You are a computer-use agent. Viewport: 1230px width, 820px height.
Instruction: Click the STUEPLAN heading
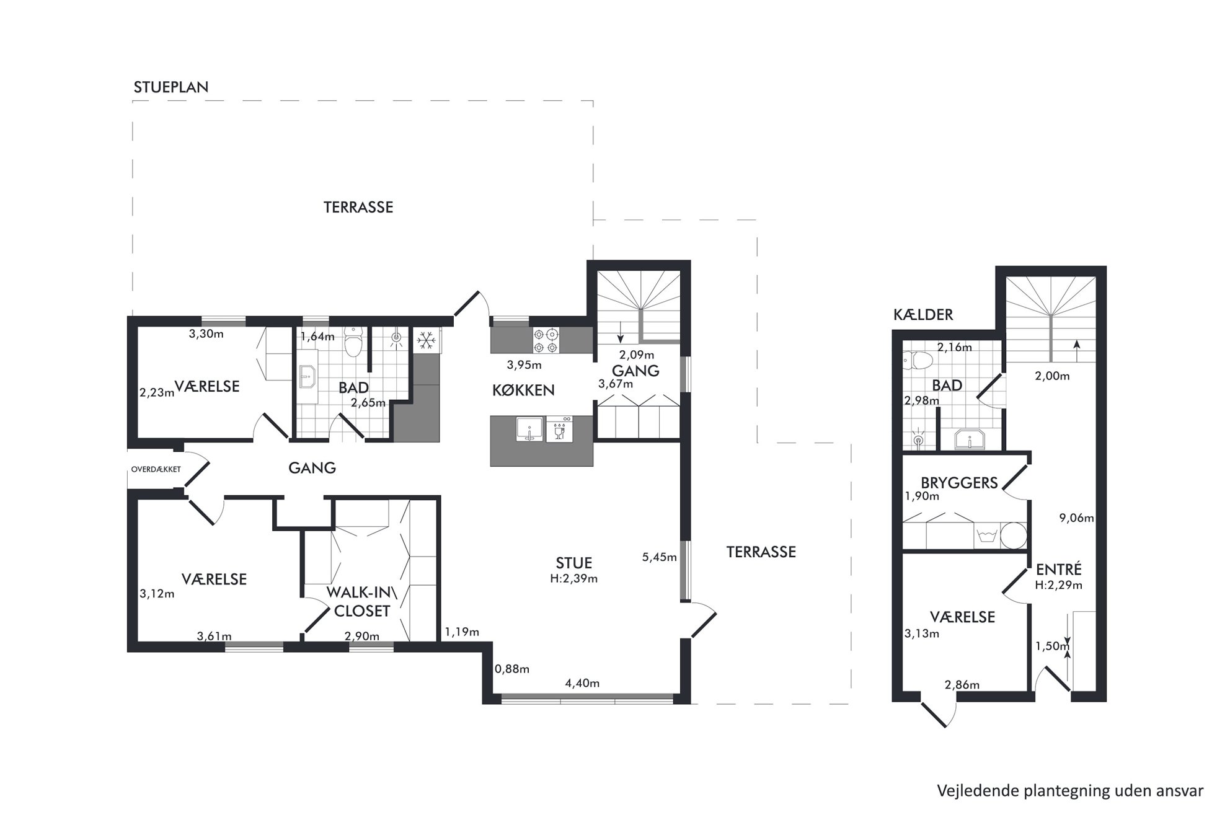[x=171, y=87]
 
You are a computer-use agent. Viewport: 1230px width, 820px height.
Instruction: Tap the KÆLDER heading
[x=923, y=315]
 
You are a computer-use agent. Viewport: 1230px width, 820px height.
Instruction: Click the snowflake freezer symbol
[x=426, y=340]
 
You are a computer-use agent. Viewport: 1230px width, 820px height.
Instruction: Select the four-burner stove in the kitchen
[x=546, y=340]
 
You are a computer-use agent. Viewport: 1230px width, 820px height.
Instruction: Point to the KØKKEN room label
[x=523, y=390]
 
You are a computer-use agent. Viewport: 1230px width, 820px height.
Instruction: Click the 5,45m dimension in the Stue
[x=659, y=557]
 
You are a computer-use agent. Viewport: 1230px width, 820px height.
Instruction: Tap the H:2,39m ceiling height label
[x=574, y=579]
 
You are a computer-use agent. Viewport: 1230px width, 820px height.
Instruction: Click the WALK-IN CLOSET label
[x=362, y=602]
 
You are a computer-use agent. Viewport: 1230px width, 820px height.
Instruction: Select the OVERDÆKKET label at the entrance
[x=156, y=469]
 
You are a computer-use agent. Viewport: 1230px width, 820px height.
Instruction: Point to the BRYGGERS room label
[x=959, y=483]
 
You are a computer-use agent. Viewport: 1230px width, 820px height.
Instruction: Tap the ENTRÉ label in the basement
[x=1059, y=570]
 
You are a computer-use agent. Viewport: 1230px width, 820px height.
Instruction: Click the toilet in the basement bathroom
[x=918, y=359]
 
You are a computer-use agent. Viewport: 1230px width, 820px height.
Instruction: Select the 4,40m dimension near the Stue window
[x=582, y=684]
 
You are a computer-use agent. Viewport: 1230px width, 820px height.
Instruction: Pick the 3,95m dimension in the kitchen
[x=524, y=364]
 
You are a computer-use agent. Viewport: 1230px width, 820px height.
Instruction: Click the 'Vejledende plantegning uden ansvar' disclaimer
[x=1070, y=791]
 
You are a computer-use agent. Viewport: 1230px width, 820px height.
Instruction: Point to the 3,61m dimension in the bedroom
[x=215, y=636]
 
